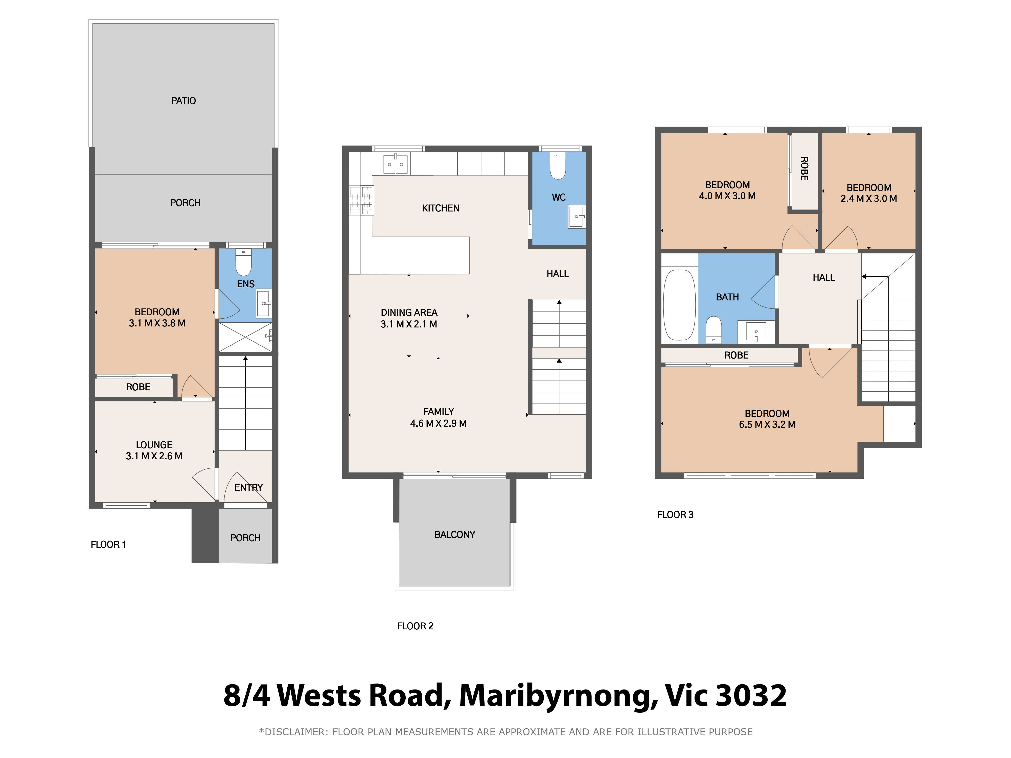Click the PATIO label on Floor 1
pyautogui.click(x=183, y=101)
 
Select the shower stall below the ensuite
pyautogui.click(x=245, y=337)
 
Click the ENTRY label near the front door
pyautogui.click(x=249, y=487)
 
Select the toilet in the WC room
pyautogui.click(x=558, y=166)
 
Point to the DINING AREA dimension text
pyautogui.click(x=409, y=324)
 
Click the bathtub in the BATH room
pyautogui.click(x=679, y=305)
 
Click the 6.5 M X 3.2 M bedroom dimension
pyautogui.click(x=767, y=424)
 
